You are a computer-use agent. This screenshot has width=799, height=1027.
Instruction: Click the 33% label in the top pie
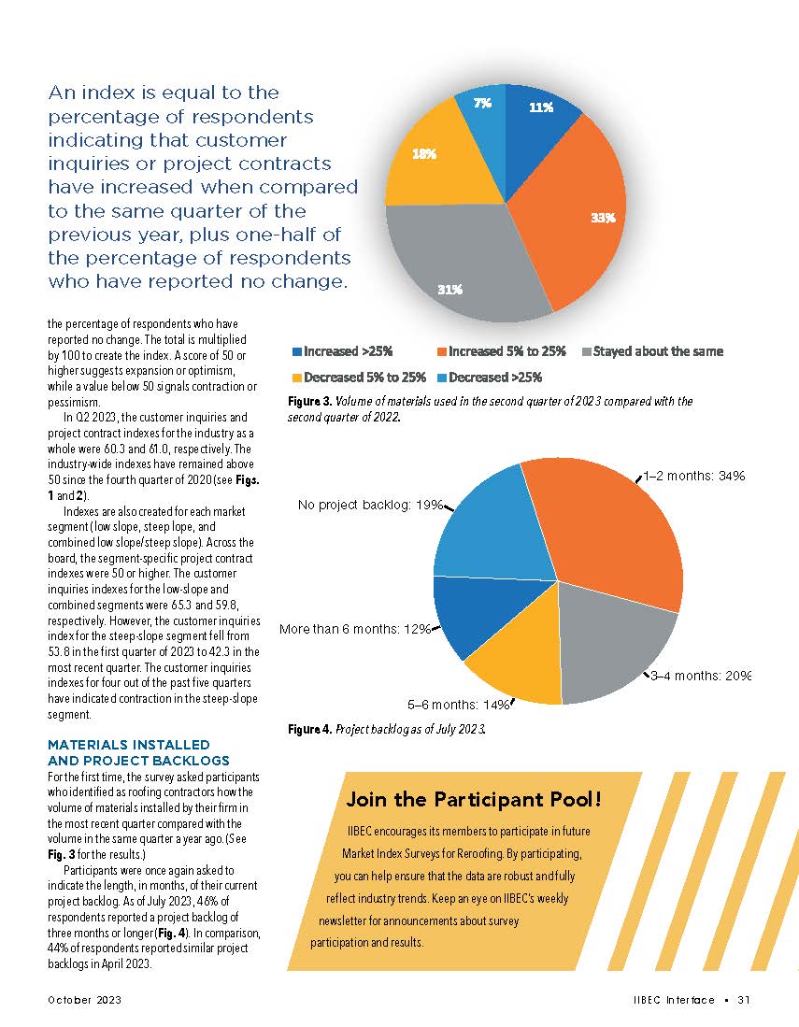click(602, 218)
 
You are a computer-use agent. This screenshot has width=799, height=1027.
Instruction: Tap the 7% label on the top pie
click(482, 104)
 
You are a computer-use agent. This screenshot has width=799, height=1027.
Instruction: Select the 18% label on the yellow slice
click(424, 154)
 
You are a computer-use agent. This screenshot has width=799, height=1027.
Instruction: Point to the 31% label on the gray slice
click(451, 289)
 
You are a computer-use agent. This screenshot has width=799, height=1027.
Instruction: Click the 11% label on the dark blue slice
click(541, 107)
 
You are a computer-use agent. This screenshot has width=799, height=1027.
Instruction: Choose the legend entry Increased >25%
click(342, 351)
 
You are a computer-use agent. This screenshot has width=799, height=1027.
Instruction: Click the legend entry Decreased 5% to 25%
click(359, 378)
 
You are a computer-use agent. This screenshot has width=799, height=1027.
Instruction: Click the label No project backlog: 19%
click(370, 505)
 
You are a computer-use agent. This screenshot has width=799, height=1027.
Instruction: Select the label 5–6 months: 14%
click(456, 704)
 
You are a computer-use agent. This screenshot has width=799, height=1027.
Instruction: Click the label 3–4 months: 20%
click(701, 676)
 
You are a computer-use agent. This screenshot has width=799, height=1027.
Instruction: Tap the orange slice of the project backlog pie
click(607, 533)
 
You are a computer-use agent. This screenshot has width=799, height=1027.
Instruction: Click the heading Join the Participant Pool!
click(474, 799)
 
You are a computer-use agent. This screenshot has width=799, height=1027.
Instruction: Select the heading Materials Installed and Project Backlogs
click(129, 752)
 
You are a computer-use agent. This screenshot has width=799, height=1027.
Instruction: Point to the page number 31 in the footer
click(744, 1000)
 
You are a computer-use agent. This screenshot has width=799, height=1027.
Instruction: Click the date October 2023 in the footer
click(85, 1000)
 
